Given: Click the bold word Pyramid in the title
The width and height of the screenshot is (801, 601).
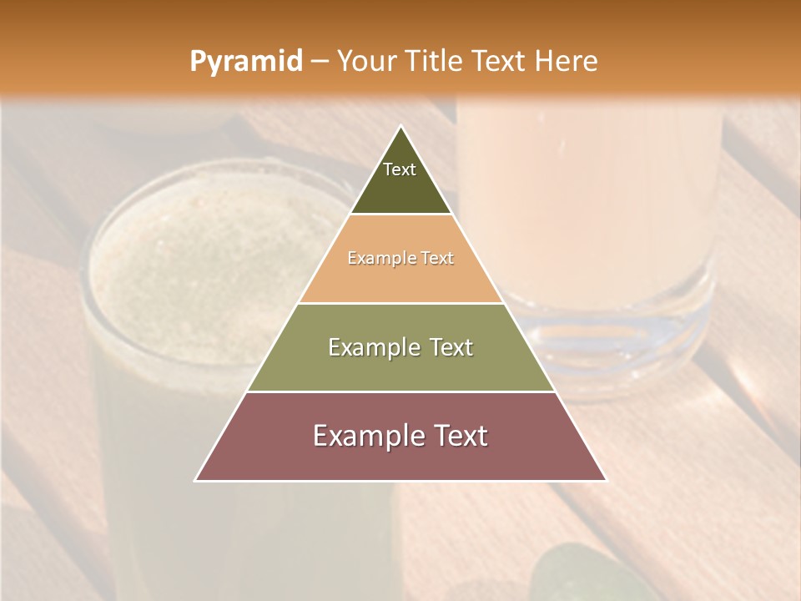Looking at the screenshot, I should (x=246, y=62).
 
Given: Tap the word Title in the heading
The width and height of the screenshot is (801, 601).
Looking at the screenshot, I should (x=435, y=62).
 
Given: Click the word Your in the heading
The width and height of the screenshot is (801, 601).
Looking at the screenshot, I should (x=365, y=62).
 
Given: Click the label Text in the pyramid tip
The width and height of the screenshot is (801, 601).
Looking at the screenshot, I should (x=400, y=169).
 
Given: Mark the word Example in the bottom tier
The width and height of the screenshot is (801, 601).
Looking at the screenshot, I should (x=366, y=436).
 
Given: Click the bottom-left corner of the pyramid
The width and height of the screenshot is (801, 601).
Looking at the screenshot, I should (x=196, y=480).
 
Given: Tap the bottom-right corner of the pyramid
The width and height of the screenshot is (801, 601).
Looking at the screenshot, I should (x=606, y=480).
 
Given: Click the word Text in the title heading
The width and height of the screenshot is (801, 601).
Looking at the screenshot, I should (x=498, y=62).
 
